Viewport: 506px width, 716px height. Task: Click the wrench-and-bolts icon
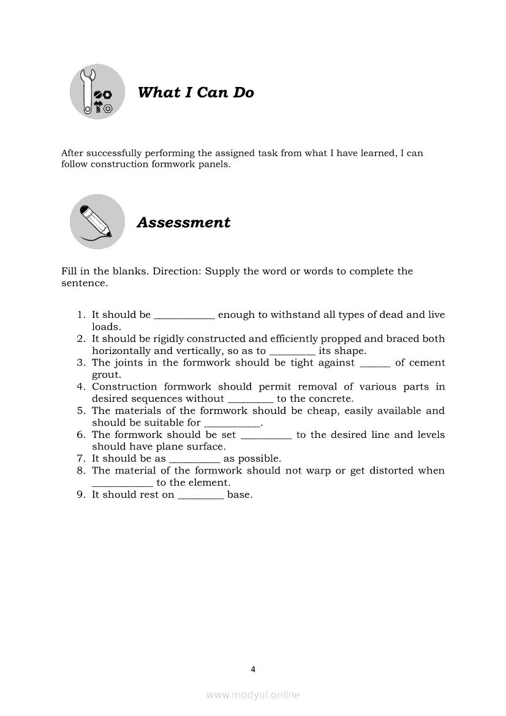97,92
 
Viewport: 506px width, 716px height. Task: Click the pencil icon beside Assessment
97,221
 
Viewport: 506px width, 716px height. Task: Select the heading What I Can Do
195,92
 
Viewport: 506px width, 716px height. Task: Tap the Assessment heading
183,222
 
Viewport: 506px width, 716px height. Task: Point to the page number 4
253,669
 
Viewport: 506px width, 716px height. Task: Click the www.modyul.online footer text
253,695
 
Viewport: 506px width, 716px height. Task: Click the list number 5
80,411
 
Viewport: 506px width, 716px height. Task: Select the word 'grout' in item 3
106,375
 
